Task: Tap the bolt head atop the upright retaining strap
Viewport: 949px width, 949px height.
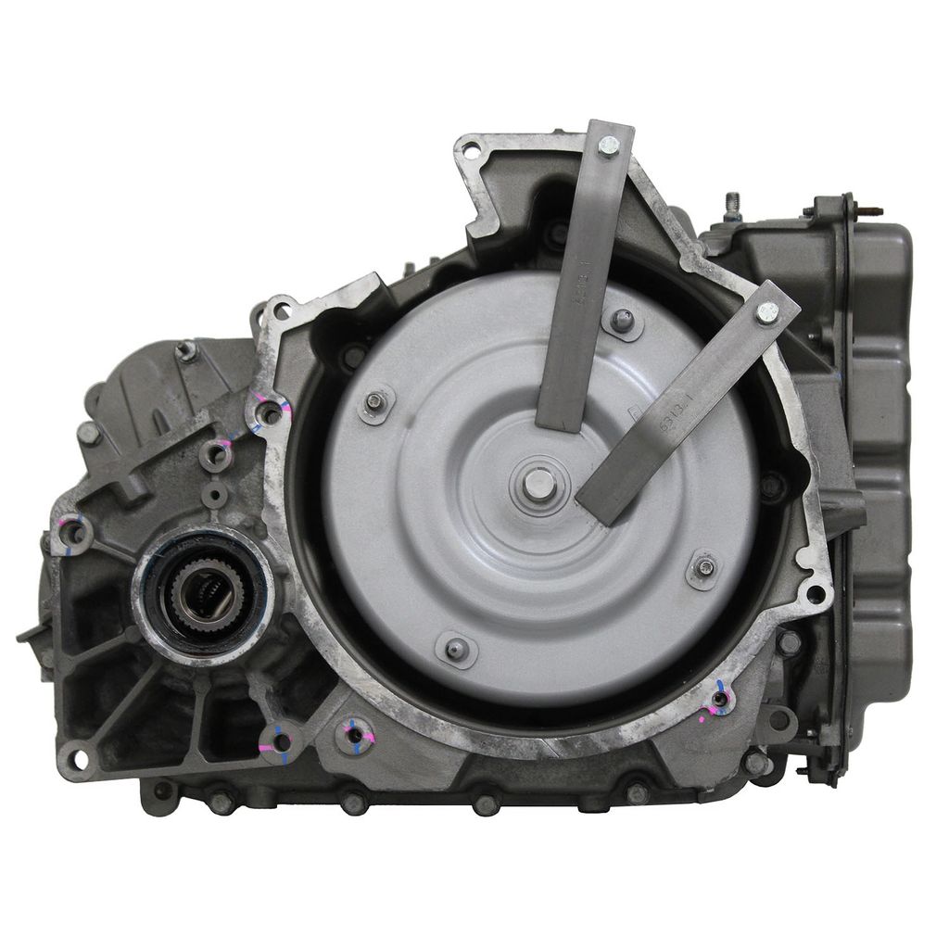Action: coord(608,146)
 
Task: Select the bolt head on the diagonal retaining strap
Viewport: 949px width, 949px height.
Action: coord(766,313)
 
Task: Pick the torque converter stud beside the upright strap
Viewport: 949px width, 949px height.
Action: coord(622,321)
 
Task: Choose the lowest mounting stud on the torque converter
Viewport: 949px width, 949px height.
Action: coord(455,649)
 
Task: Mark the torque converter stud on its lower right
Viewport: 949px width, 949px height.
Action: coord(704,568)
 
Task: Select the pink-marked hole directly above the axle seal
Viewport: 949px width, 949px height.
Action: coord(216,454)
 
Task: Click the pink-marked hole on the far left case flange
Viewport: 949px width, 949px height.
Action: coord(73,533)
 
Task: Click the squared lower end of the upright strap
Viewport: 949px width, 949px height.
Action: coord(561,422)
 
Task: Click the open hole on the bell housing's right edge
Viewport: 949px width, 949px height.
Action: coord(815,593)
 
